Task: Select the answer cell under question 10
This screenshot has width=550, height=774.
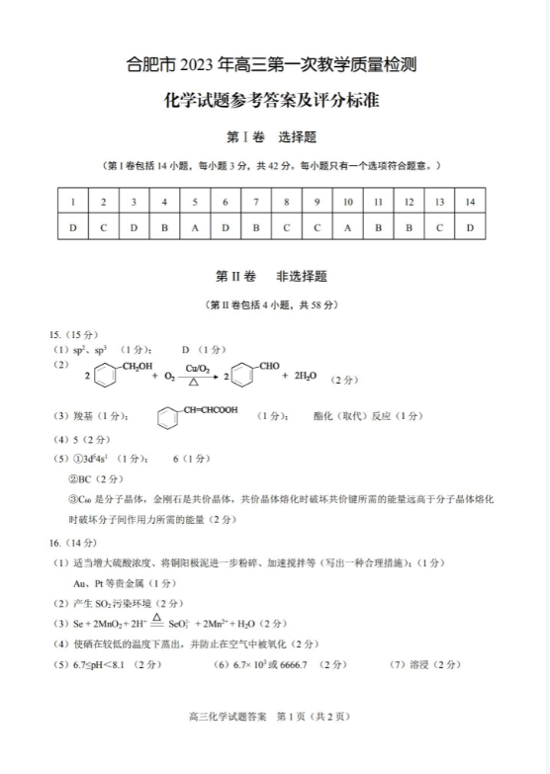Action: tap(347, 228)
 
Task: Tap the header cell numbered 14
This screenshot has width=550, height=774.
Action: tap(470, 203)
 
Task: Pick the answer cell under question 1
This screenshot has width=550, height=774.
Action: tap(72, 228)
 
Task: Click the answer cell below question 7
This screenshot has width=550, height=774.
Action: tap(255, 228)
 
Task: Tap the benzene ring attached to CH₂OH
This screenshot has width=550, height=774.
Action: tap(106, 377)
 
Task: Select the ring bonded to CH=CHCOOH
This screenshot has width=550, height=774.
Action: tap(173, 418)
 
